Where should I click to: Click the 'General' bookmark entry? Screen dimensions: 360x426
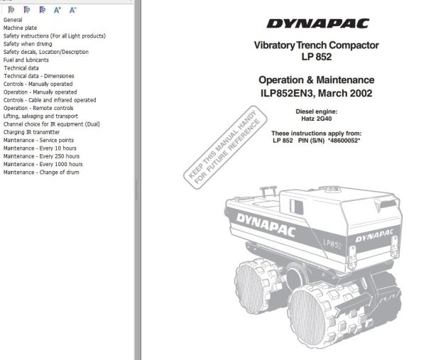coord(13,20)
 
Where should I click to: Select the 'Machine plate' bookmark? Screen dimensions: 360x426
coord(21,28)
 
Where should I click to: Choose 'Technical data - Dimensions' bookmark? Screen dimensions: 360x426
coord(39,76)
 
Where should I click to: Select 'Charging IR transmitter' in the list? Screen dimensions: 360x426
coord(32,132)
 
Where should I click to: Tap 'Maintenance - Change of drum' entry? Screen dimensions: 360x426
coord(41,172)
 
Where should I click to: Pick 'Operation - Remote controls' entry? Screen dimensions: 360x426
coord(38,108)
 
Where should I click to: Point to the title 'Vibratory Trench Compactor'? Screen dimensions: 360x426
coord(316,45)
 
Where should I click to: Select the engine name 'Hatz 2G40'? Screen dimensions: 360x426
coord(316,119)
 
